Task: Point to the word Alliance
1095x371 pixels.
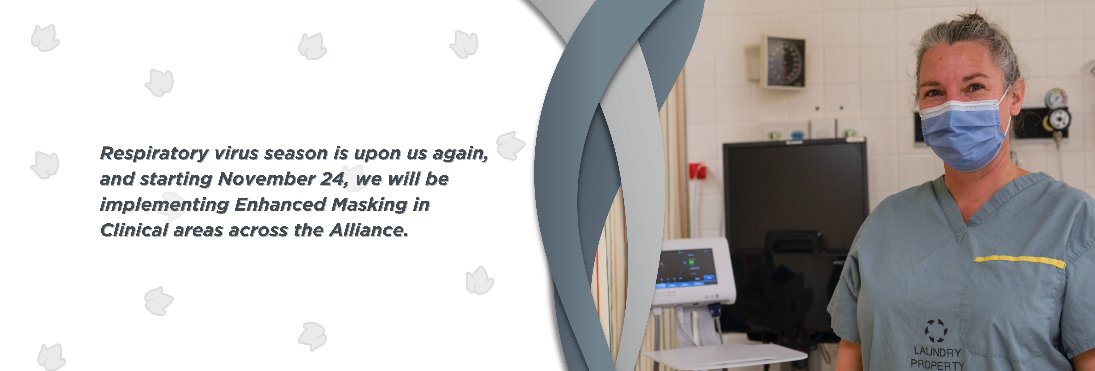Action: (369, 230)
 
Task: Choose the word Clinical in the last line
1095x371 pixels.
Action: (134, 230)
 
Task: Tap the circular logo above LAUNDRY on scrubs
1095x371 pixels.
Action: (936, 331)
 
